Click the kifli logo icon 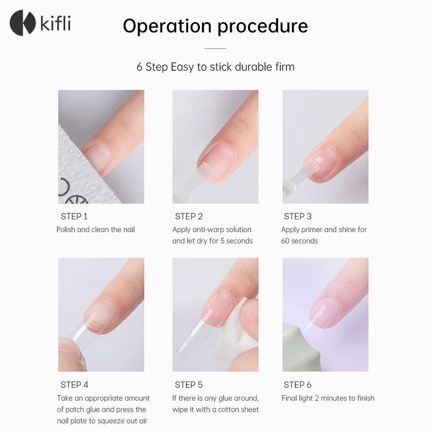point(22,23)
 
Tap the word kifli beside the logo point(55,23)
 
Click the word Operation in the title point(167,26)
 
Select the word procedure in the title point(262,26)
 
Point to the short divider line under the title point(215,48)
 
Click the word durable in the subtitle point(250,67)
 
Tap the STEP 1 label point(74,217)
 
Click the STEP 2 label point(189,217)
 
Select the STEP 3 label point(298,217)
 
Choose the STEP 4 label point(74,385)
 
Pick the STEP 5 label point(189,385)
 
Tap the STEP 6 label point(298,385)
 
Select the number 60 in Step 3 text point(286,241)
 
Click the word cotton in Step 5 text point(223,409)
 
